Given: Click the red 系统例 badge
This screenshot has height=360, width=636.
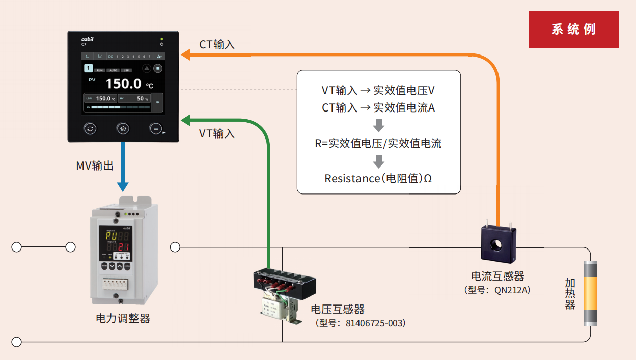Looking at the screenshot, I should [573, 29].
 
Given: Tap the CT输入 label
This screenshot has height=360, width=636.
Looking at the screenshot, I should [217, 45].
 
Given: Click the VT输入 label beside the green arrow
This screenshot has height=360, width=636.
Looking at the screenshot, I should [217, 134].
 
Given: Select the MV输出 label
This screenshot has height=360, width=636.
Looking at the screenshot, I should [95, 165].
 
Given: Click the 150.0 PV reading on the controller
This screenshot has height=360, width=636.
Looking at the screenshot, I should [124, 84].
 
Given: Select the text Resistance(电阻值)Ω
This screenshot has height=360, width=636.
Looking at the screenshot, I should [378, 179].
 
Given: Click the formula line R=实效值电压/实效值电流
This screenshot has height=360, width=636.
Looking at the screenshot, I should [378, 144].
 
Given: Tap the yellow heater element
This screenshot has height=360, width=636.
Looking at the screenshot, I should [590, 293].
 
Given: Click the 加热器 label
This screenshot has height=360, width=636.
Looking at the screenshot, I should [570, 294].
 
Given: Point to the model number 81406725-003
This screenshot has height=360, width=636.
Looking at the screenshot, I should [375, 323].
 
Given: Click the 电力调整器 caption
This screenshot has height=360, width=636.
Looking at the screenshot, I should [123, 319].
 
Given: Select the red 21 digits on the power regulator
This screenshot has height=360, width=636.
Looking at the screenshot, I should [123, 247].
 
